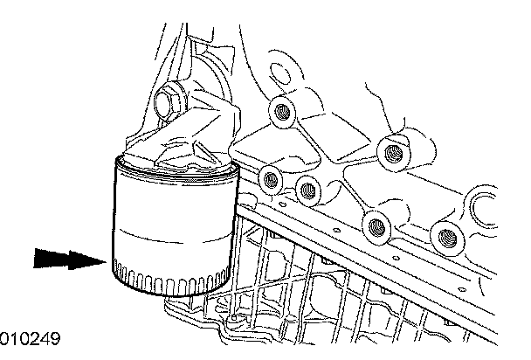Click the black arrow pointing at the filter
(69, 260)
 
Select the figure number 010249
(30, 339)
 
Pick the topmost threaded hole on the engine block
(281, 112)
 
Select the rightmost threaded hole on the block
(446, 238)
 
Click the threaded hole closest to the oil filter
(271, 179)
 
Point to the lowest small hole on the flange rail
(461, 290)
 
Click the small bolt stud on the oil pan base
(233, 318)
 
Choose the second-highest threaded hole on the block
(393, 152)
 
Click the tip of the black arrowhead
(107, 261)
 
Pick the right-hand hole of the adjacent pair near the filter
(307, 190)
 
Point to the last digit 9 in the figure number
(55, 339)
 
